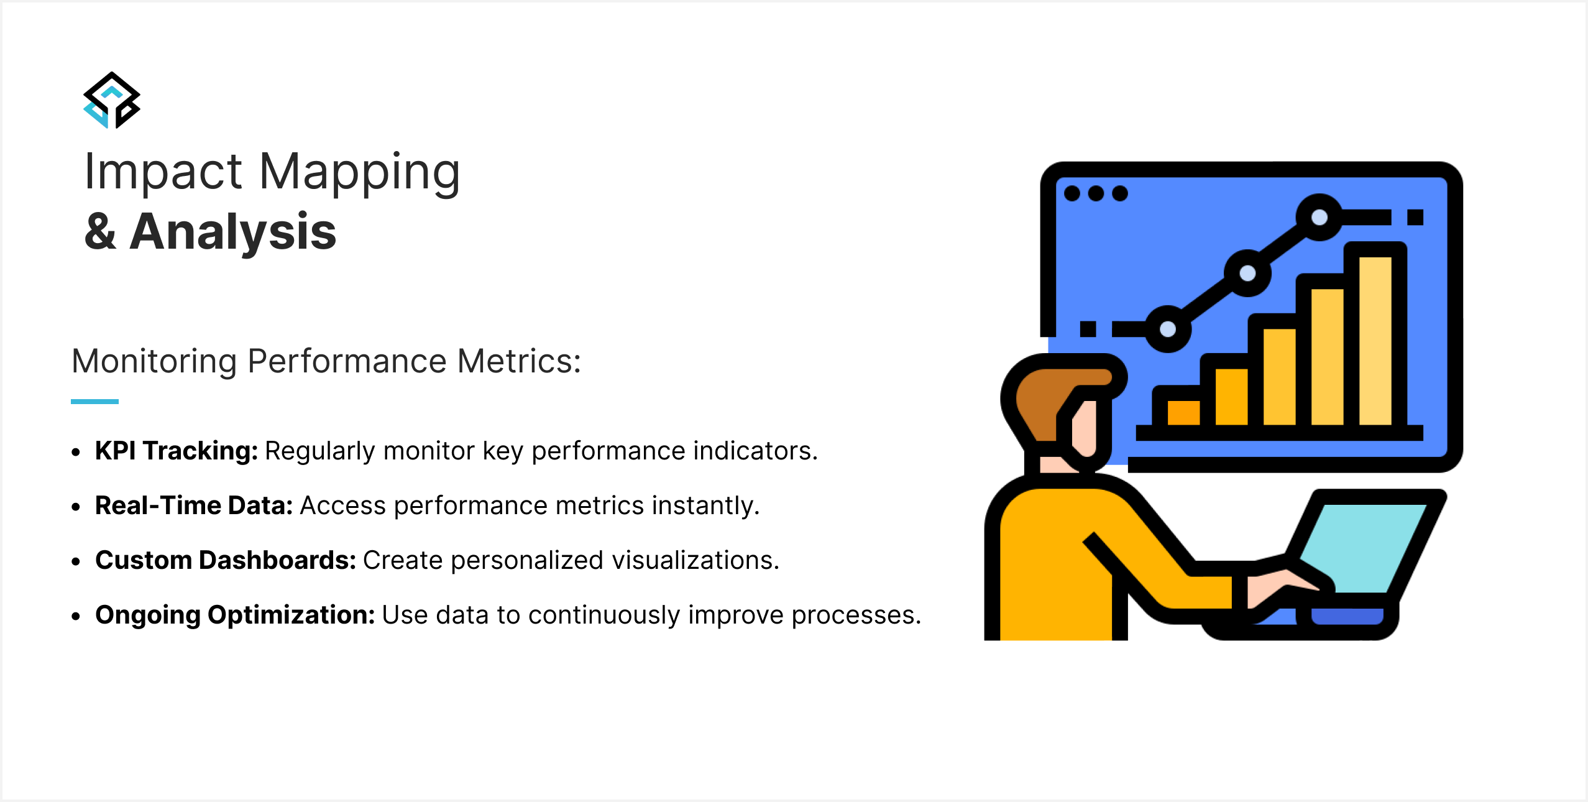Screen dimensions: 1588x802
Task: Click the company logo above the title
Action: [112, 100]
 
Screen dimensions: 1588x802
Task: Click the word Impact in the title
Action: [163, 172]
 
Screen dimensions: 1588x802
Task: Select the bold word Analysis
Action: [233, 232]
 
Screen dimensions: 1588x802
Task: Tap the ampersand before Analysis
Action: [101, 232]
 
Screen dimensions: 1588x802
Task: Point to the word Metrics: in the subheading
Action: [519, 361]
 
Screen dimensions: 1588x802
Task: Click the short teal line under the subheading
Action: [94, 402]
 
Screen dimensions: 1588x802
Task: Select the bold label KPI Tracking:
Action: [177, 451]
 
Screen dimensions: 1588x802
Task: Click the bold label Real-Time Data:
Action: [194, 505]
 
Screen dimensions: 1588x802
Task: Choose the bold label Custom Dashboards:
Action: [226, 560]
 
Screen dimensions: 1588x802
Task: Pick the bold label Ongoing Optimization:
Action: [236, 615]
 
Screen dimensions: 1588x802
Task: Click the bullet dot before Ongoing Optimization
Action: [76, 616]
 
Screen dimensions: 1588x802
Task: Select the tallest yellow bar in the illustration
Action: [1375, 341]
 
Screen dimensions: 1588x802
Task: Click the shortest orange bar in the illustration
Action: [1183, 413]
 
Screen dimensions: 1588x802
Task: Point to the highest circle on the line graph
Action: [1319, 217]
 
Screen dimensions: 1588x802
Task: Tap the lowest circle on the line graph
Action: [1168, 330]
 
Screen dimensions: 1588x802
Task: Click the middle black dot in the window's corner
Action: [1096, 193]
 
